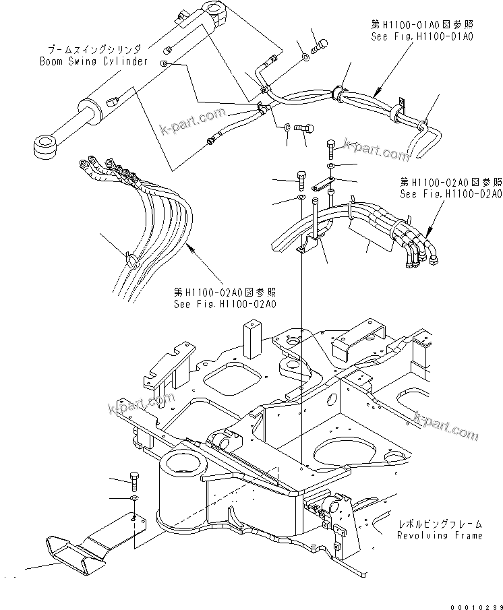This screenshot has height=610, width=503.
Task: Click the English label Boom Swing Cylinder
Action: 93,61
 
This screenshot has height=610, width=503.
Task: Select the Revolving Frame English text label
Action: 439,535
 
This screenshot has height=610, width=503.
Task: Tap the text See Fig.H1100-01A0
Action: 421,36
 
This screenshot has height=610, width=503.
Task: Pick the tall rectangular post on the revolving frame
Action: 252,340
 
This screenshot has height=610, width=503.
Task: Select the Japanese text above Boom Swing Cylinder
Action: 94,49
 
